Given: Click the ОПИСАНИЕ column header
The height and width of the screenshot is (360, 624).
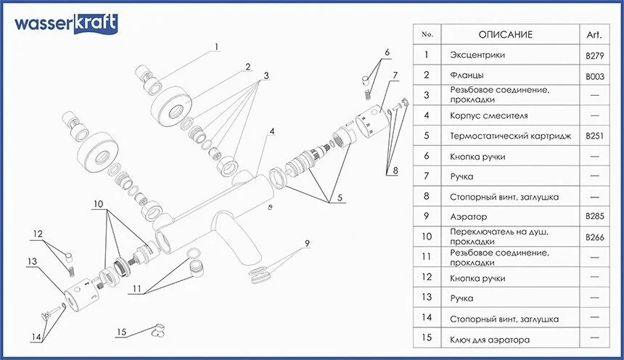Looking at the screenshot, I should (x=506, y=35).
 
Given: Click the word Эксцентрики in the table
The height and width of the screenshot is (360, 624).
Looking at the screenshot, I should (x=477, y=55).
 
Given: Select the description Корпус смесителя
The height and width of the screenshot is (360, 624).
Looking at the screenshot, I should (x=489, y=116).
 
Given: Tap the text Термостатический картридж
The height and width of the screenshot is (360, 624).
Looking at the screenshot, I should (x=511, y=136).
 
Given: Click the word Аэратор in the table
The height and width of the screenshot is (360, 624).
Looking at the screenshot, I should (x=469, y=217).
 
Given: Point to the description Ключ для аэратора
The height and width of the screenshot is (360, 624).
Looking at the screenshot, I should (x=490, y=339).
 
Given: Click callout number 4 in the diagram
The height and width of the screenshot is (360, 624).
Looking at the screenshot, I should (x=272, y=131).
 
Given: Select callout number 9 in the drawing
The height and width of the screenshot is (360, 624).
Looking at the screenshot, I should (x=307, y=242).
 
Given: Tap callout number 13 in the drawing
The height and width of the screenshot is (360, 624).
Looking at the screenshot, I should (x=32, y=261).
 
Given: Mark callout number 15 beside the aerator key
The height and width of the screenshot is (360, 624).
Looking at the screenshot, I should (x=122, y=332).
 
